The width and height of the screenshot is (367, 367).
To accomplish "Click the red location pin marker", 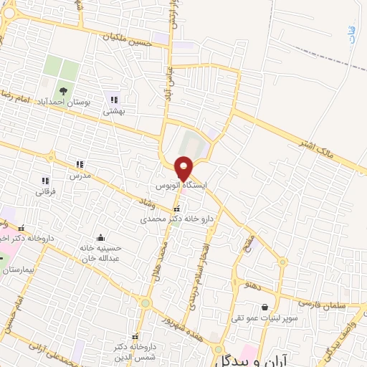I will point(183,168).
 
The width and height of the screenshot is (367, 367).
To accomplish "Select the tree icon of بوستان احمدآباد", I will point(65,91).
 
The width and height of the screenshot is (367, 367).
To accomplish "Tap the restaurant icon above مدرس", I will point(79,164).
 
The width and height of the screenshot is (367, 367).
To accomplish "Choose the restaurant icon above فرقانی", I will point(44,181).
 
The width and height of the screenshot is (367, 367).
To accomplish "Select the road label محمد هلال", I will point(161,255).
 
